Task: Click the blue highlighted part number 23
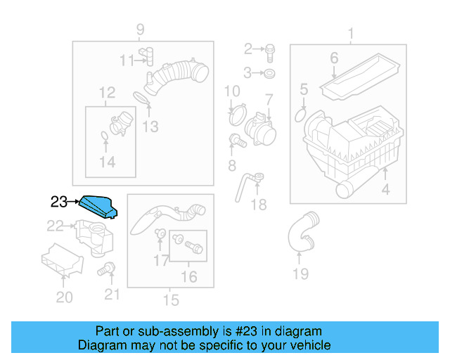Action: coord(98,207)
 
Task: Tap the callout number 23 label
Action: coord(60,202)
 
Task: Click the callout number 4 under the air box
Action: coord(385,189)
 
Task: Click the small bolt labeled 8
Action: coord(238,141)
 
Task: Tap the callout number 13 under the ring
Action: coord(150,127)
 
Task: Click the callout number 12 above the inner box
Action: coord(107,92)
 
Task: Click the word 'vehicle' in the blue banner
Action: coord(309,345)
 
